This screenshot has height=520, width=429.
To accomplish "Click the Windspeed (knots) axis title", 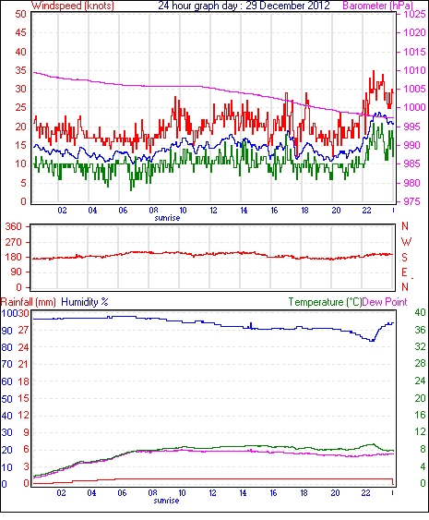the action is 73,6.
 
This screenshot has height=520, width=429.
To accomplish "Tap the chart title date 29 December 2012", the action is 288,6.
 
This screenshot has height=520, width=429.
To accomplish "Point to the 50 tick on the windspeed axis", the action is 20,14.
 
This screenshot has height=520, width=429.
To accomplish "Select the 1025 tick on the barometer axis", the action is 414,14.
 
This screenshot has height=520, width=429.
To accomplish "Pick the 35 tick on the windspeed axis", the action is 20,70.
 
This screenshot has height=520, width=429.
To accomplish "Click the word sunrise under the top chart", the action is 167,218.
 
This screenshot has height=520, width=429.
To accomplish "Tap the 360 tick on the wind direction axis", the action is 14,227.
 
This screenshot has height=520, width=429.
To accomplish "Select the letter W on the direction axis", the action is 406,242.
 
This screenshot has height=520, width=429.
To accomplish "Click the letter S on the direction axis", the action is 404,258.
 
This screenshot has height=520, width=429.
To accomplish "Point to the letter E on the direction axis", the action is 404,272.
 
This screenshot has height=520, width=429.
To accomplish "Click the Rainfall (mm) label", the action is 29,302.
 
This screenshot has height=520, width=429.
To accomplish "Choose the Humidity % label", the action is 85,302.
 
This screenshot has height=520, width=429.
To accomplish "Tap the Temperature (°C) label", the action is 325,302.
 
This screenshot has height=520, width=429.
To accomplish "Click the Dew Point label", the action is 385,302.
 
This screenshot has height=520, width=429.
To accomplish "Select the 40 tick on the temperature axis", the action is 420,312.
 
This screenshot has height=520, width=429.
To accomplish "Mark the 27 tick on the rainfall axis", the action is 23,330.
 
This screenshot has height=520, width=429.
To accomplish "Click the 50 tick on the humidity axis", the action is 7,399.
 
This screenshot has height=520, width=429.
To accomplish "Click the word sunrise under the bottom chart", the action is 166,500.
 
